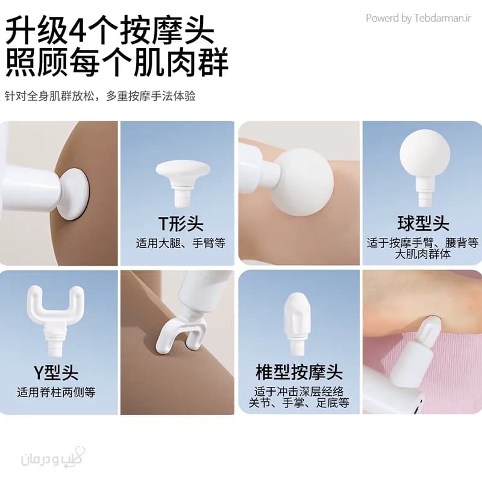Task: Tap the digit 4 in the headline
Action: [78, 31]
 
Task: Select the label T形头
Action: [181, 224]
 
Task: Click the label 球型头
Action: [423, 224]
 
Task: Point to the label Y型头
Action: [55, 372]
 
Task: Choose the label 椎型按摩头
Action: [299, 372]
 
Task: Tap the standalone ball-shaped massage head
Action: [425, 168]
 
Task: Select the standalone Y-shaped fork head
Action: [55, 321]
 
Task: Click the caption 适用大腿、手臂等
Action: [181, 243]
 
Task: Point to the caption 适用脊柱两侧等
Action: [56, 392]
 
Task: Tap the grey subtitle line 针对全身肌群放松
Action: [50, 96]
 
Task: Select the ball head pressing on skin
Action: [304, 183]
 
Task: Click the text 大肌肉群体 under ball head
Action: [423, 254]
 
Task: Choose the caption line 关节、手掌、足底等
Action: [299, 402]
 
